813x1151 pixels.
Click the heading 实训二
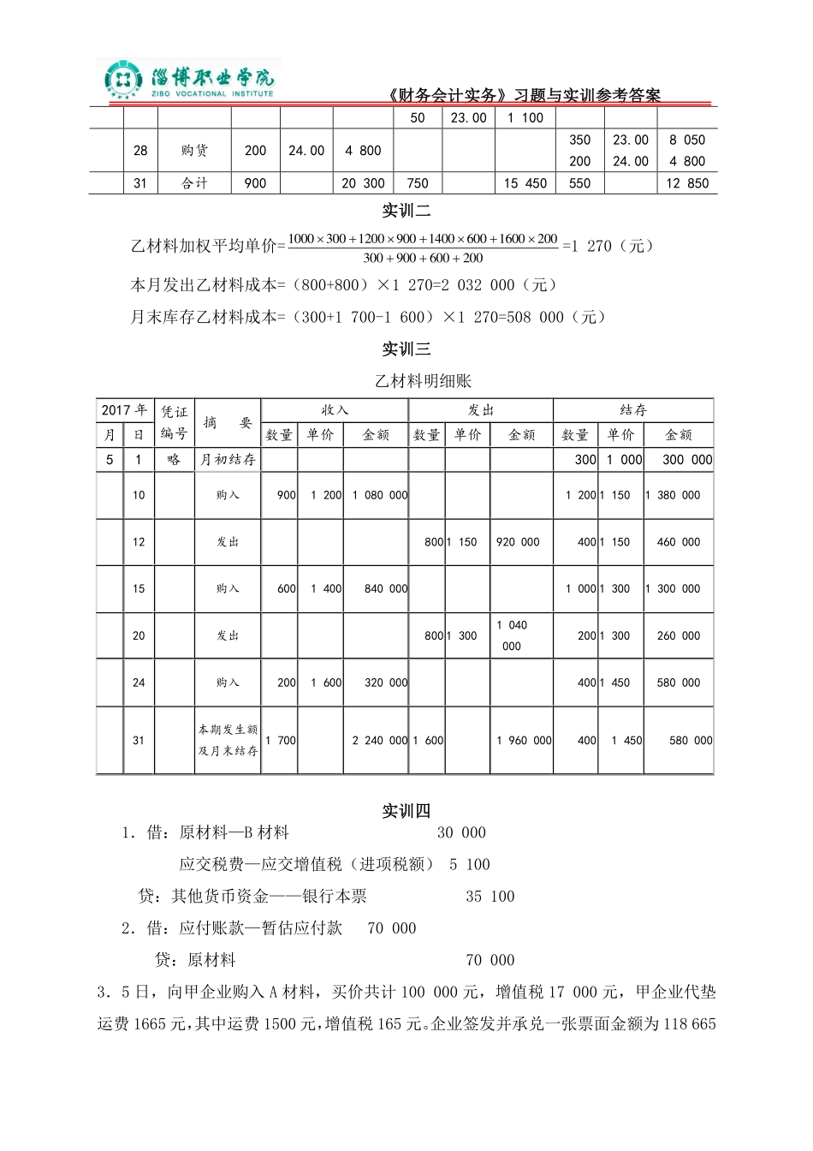[x=406, y=211]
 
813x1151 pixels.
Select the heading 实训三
[x=406, y=349]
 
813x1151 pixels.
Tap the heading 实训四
[x=406, y=811]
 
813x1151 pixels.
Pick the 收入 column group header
[x=335, y=410]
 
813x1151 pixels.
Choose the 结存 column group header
[x=633, y=410]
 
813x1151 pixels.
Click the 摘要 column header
[x=228, y=422]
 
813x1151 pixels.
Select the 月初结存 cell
[x=228, y=460]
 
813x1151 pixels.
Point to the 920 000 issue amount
[x=518, y=542]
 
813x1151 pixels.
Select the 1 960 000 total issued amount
[x=523, y=741]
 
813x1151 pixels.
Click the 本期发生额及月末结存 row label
[x=228, y=741]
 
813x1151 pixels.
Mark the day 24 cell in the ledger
[x=139, y=683]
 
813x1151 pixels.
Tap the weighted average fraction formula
[x=423, y=247]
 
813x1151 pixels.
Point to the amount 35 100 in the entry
[x=490, y=897]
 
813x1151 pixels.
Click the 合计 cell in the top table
[x=195, y=183]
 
